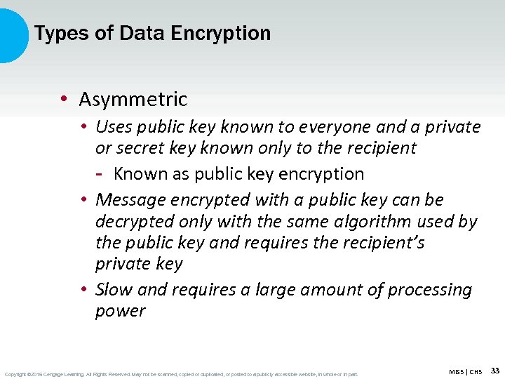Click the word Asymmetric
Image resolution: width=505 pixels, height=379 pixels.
[133, 100]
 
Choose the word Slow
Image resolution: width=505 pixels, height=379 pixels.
[114, 290]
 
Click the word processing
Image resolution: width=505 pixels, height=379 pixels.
[429, 290]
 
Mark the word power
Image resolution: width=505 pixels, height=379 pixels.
[120, 311]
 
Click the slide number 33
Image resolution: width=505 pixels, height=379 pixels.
[494, 370]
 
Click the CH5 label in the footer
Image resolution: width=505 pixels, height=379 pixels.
[476, 371]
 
